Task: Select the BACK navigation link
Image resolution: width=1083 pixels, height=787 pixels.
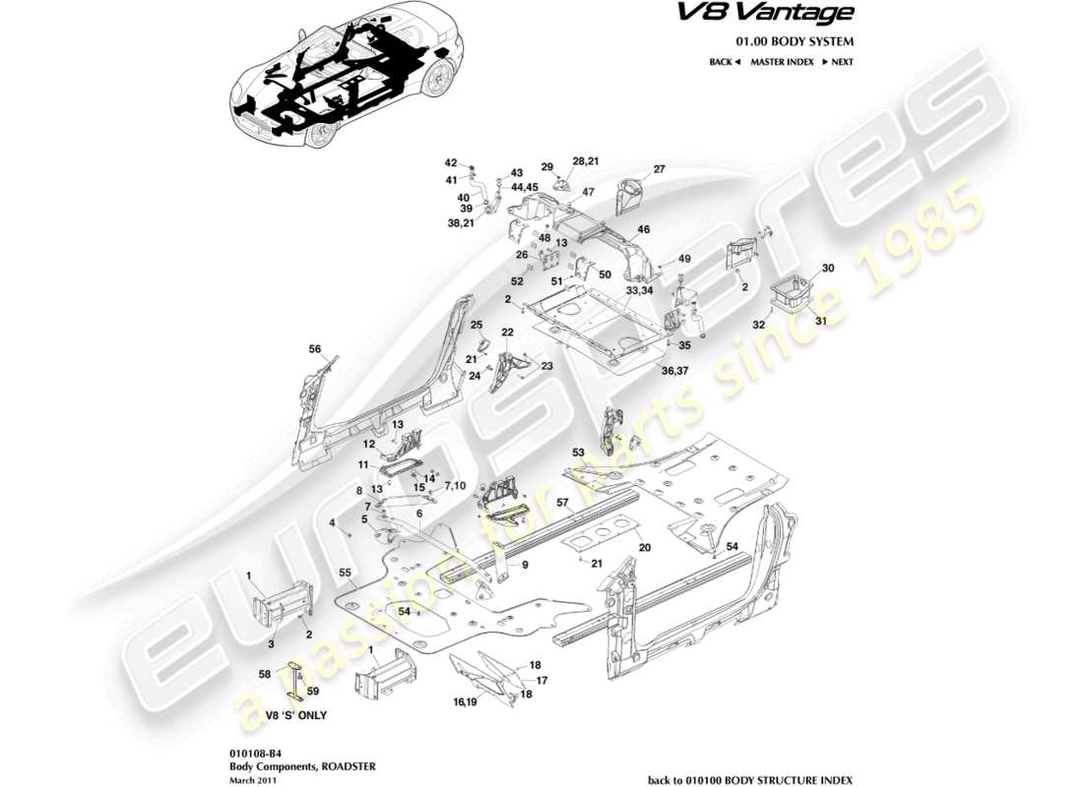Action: (x=724, y=62)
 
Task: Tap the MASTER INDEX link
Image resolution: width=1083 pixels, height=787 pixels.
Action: (x=781, y=62)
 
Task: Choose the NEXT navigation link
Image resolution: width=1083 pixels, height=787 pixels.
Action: (x=838, y=62)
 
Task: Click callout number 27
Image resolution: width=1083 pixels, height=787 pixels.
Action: (x=660, y=169)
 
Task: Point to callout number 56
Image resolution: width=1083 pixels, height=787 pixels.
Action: (x=315, y=348)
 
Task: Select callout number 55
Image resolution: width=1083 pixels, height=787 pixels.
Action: (x=345, y=572)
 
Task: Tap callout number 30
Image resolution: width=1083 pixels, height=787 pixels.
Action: (x=828, y=268)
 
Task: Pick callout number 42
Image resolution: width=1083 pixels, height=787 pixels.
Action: (x=451, y=163)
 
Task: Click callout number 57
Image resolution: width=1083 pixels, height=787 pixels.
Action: (x=564, y=503)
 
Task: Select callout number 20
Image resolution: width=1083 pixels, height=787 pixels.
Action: (x=645, y=548)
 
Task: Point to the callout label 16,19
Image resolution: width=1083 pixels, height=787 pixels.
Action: (x=466, y=702)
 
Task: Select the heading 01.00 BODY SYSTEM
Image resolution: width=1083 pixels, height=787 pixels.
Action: (x=795, y=41)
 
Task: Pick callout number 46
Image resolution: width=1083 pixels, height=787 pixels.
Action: (x=644, y=229)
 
